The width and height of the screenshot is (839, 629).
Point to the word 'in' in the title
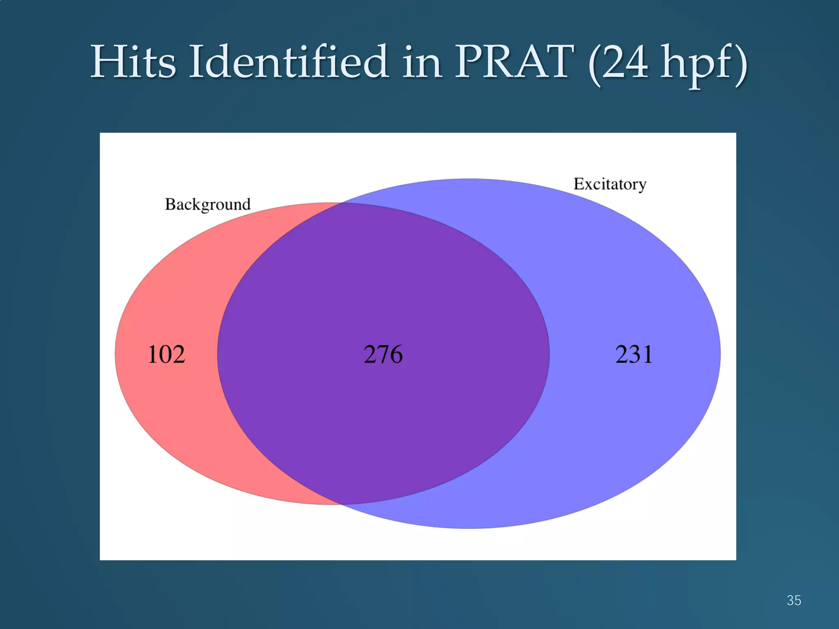coord(422,62)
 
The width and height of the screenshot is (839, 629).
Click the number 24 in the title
coord(625,62)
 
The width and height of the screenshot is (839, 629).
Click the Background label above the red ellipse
coord(208,204)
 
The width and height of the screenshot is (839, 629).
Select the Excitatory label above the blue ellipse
coord(610,184)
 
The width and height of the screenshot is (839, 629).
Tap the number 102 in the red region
coord(166,354)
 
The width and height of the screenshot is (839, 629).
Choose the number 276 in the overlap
coord(383,354)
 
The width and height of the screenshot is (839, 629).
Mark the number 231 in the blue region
coord(633,354)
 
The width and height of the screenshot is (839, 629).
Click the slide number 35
coord(794,600)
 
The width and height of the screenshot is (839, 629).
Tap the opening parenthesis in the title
coord(594,65)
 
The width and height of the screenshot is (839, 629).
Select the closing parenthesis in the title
coord(741,65)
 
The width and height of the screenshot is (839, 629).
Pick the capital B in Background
coord(170,204)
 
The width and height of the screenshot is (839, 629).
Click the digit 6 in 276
coord(396,354)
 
